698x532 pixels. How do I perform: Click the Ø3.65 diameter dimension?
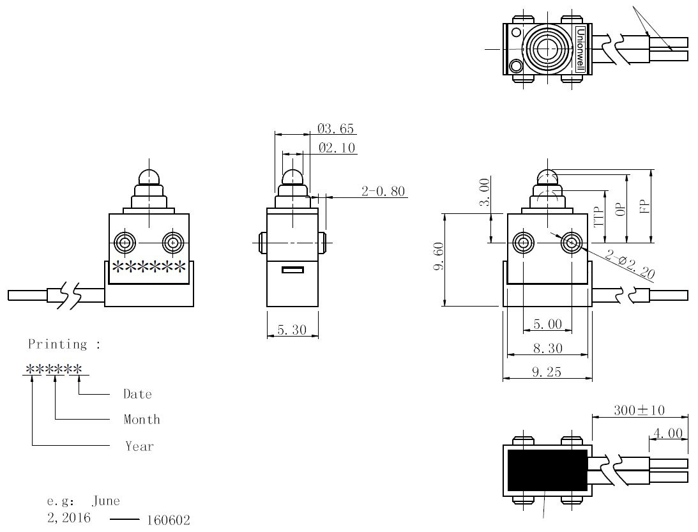pos(336,128)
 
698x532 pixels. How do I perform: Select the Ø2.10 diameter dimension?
pos(337,148)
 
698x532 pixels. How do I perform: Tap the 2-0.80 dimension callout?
pos(383,192)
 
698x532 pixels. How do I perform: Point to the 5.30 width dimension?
pos(292,330)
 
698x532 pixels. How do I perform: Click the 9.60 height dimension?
pos(439,256)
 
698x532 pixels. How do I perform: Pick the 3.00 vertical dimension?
pos(484,192)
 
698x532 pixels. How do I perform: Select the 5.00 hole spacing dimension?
pos(547,324)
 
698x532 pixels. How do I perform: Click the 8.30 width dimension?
pos(548,348)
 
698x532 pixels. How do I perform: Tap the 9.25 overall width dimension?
pos(547,372)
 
